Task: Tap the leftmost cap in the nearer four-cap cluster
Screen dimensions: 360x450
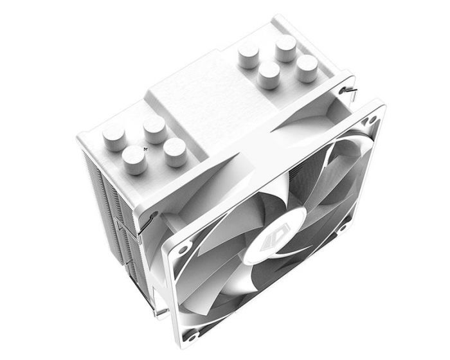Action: tap(113, 136)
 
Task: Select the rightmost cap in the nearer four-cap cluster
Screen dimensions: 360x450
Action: tap(174, 151)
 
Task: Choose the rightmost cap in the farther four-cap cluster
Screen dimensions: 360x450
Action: tap(307, 67)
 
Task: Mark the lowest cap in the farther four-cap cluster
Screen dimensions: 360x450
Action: tap(269, 75)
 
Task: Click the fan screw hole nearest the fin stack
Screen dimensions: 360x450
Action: tap(184, 248)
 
